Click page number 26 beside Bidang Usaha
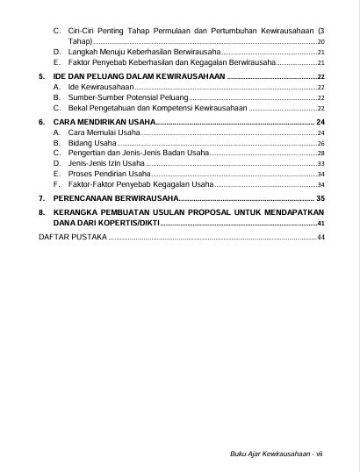[320, 142]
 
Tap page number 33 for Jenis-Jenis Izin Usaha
[320, 163]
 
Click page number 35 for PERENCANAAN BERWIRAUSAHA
[320, 199]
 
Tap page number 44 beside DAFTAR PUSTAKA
[320, 237]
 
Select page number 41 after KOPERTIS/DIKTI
[320, 224]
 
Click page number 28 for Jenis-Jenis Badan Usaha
[320, 153]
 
